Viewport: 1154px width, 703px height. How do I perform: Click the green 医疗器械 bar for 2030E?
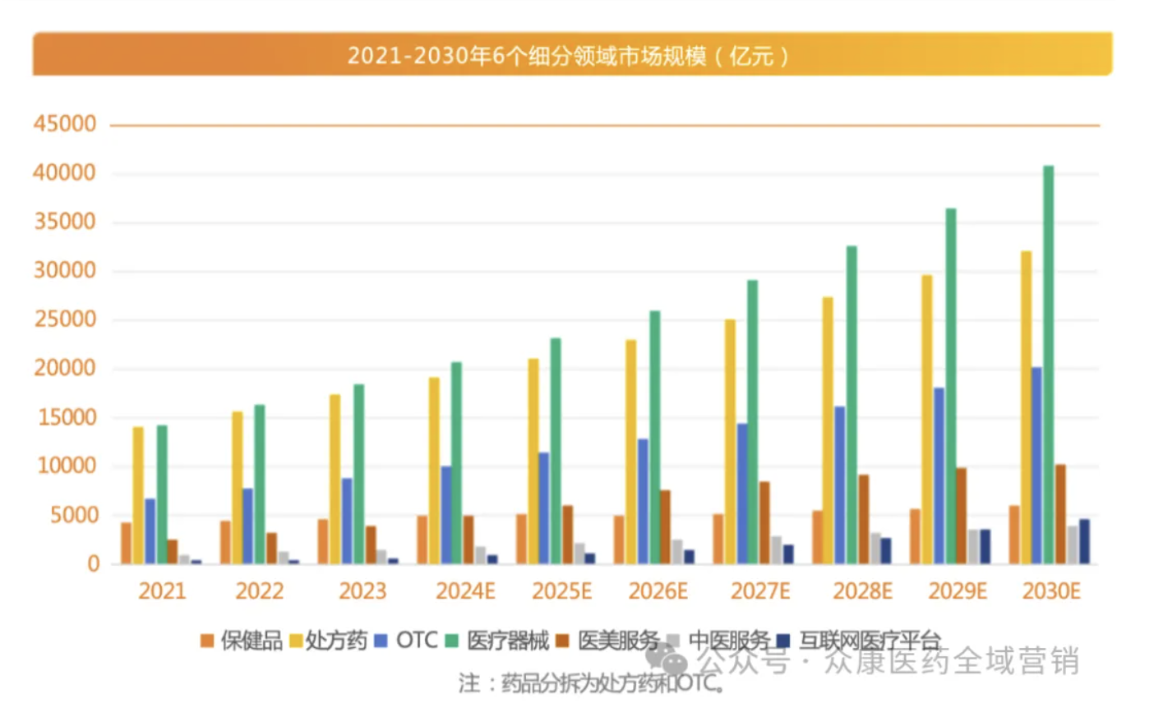(x=1048, y=365)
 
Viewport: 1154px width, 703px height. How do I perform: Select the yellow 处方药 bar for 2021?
(x=138, y=495)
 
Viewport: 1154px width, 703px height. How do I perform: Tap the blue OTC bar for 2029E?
(x=939, y=476)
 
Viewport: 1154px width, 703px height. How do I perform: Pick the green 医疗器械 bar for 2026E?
(x=655, y=437)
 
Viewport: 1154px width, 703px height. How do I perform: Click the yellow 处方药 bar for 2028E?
(x=828, y=430)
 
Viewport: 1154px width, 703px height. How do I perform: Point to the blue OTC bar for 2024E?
(x=446, y=515)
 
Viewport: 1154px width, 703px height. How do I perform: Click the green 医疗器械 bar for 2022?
(x=260, y=484)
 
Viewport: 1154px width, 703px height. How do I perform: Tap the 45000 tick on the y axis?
(x=65, y=124)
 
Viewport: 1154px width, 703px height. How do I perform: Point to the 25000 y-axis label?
(x=65, y=319)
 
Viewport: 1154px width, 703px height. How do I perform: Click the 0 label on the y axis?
(x=93, y=564)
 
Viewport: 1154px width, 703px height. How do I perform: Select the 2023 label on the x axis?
(x=362, y=591)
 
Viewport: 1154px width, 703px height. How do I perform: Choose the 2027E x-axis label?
(x=760, y=591)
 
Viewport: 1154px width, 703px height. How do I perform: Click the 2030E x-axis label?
(x=1051, y=591)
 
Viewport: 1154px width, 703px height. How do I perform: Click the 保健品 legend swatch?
(x=207, y=641)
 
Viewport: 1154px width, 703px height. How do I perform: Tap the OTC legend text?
(x=417, y=641)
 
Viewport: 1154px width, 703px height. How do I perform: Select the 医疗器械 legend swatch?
(x=452, y=641)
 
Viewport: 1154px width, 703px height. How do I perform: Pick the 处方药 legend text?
(x=336, y=641)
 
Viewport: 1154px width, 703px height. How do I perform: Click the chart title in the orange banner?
(x=568, y=56)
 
